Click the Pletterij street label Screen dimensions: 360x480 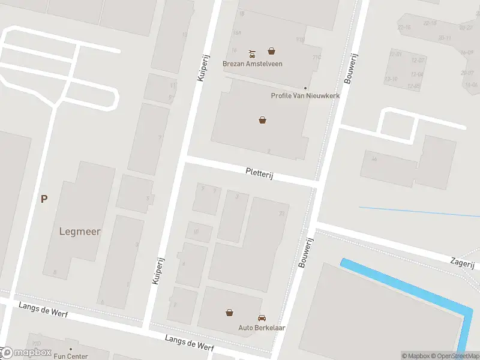click(x=259, y=174)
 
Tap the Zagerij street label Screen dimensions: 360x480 click(x=462, y=263)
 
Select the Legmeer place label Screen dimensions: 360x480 click(x=80, y=231)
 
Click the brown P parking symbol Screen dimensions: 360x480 click(x=44, y=199)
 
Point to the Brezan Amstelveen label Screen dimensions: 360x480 click(x=252, y=64)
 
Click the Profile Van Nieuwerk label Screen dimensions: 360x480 click(x=305, y=96)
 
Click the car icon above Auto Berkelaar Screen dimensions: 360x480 click(x=262, y=317)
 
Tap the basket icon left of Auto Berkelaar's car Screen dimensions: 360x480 click(x=229, y=312)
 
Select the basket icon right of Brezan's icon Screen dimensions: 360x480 click(x=272, y=52)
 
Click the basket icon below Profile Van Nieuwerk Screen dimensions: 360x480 click(x=262, y=120)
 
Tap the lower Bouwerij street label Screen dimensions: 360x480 click(x=306, y=252)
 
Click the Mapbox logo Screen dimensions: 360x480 click(x=25, y=353)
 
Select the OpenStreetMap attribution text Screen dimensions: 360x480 click(x=457, y=356)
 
